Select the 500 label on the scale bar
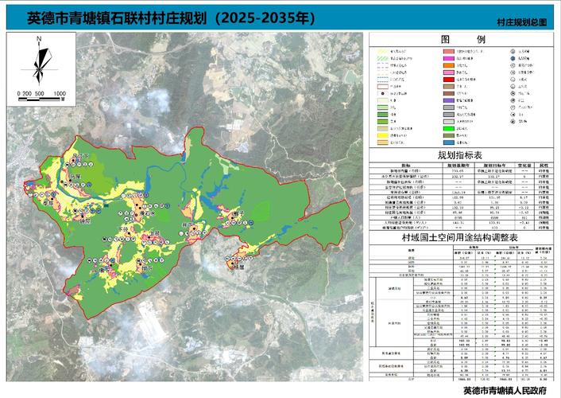pyautogui.click(x=39, y=94)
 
